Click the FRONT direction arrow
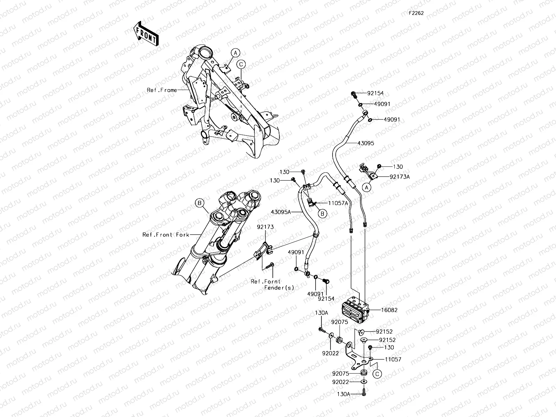tap(146, 33)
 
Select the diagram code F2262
tap(416, 13)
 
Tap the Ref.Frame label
tap(162, 90)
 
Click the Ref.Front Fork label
tap(166, 235)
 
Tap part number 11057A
tap(337, 203)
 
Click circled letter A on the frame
tap(235, 53)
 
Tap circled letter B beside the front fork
tap(200, 203)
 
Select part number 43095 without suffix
tap(366, 143)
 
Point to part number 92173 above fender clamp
tap(265, 227)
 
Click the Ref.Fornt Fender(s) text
tap(272, 285)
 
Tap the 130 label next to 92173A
tap(398, 167)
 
